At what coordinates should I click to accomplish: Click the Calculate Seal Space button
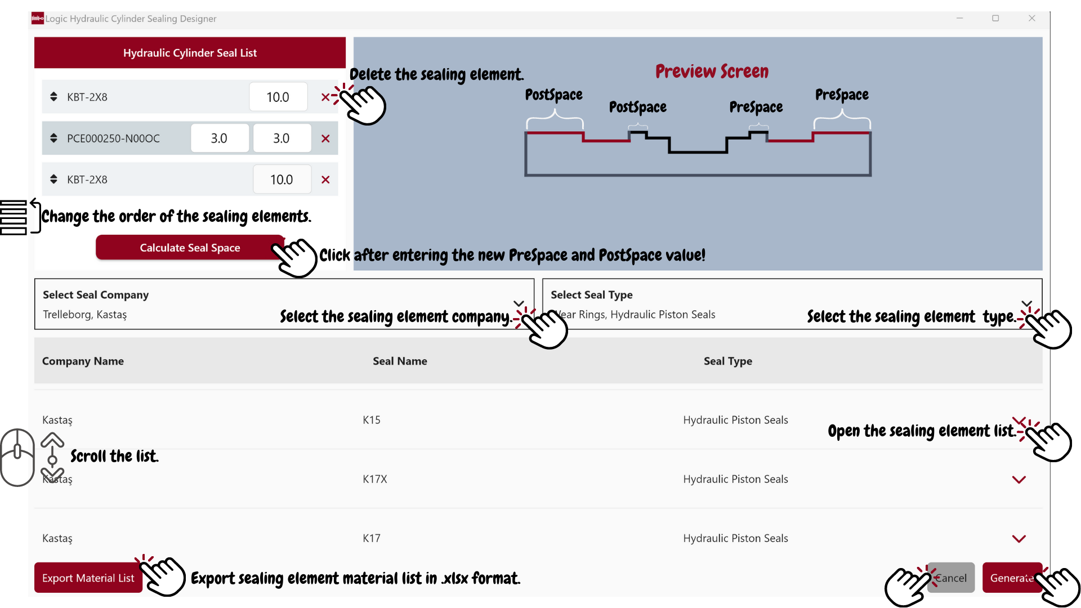(x=190, y=248)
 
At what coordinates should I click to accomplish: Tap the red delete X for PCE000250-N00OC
(x=325, y=138)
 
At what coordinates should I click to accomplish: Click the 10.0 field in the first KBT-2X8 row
(x=278, y=97)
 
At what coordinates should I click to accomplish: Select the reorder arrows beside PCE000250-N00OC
(x=53, y=138)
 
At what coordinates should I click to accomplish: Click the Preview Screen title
(x=712, y=71)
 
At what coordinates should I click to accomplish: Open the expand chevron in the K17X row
(x=1019, y=480)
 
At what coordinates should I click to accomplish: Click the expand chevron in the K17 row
(x=1019, y=539)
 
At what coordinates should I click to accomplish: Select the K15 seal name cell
(x=372, y=420)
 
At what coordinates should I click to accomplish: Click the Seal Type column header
(x=727, y=361)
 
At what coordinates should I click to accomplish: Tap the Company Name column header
(x=83, y=361)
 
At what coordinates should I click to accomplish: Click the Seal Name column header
(x=400, y=361)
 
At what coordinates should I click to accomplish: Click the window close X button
(x=1031, y=19)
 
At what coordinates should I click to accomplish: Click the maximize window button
(x=995, y=19)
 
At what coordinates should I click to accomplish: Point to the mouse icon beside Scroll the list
(x=17, y=457)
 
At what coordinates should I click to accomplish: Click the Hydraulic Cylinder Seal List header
(x=190, y=53)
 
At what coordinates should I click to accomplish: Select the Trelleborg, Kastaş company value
(x=85, y=315)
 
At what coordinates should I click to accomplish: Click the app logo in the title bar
(x=38, y=19)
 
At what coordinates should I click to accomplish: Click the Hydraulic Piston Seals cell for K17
(x=735, y=538)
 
